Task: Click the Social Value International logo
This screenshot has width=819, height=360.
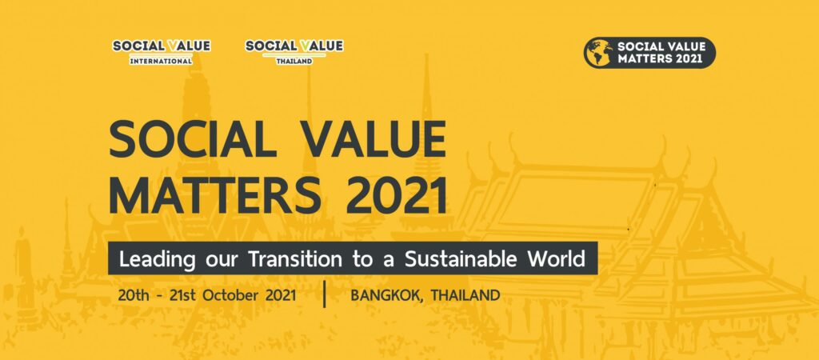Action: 162,52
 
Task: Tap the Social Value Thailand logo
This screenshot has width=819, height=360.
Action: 294,52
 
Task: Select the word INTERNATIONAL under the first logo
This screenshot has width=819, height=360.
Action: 162,61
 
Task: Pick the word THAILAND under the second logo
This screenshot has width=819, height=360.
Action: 294,61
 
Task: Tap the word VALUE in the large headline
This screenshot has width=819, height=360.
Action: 376,139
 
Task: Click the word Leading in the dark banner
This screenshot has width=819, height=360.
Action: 150,259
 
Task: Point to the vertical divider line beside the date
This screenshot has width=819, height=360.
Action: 325,294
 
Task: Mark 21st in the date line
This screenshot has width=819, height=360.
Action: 183,295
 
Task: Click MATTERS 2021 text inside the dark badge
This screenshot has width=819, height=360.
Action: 661,58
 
